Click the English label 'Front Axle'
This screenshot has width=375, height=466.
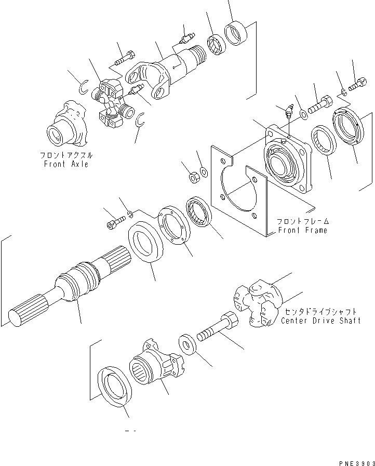click(x=66, y=164)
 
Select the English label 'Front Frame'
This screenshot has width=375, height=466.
click(x=302, y=230)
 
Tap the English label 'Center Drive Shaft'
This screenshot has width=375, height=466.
click(x=319, y=320)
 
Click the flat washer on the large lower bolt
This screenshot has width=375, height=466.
click(x=187, y=344)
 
